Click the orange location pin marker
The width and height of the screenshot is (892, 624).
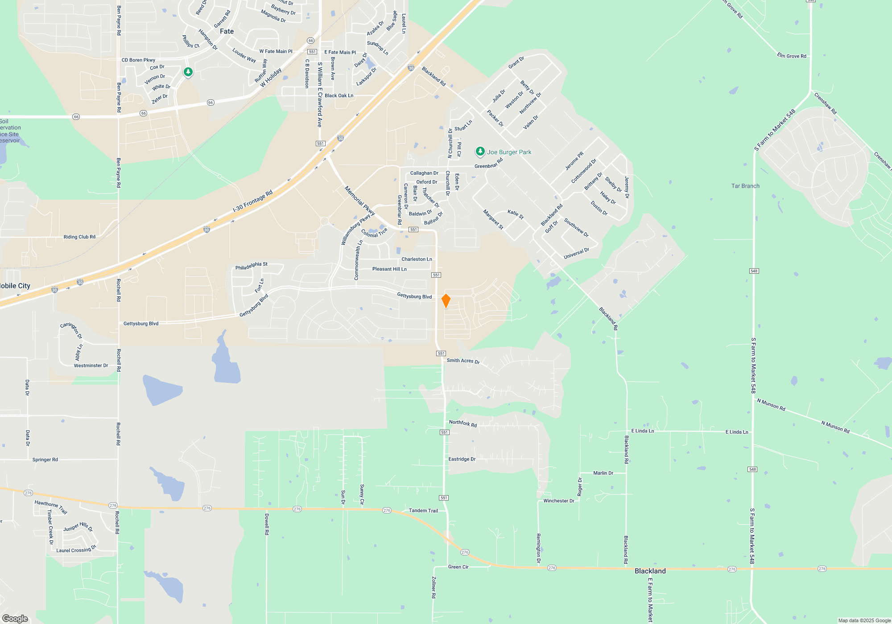446,301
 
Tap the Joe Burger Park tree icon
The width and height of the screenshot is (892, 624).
480,152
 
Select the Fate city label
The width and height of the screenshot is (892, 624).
227,31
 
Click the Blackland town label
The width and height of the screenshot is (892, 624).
650,571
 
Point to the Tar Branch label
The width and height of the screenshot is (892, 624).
745,186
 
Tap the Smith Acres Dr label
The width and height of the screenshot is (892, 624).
463,361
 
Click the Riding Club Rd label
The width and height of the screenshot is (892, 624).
79,237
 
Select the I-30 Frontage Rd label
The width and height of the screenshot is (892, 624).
252,201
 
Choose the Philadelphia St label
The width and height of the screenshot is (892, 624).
251,266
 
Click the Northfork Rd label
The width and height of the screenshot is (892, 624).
463,423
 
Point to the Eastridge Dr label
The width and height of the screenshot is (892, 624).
462,459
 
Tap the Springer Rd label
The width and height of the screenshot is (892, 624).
45,460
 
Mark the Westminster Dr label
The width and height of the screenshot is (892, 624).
91,365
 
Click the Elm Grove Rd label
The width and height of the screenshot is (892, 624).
791,56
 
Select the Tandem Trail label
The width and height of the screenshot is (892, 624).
423,511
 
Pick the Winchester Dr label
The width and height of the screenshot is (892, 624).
558,501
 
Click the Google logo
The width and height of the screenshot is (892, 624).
15,618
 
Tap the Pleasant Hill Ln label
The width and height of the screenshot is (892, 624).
389,269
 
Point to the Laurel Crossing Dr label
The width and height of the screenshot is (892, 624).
76,550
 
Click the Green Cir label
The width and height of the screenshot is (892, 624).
458,567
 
